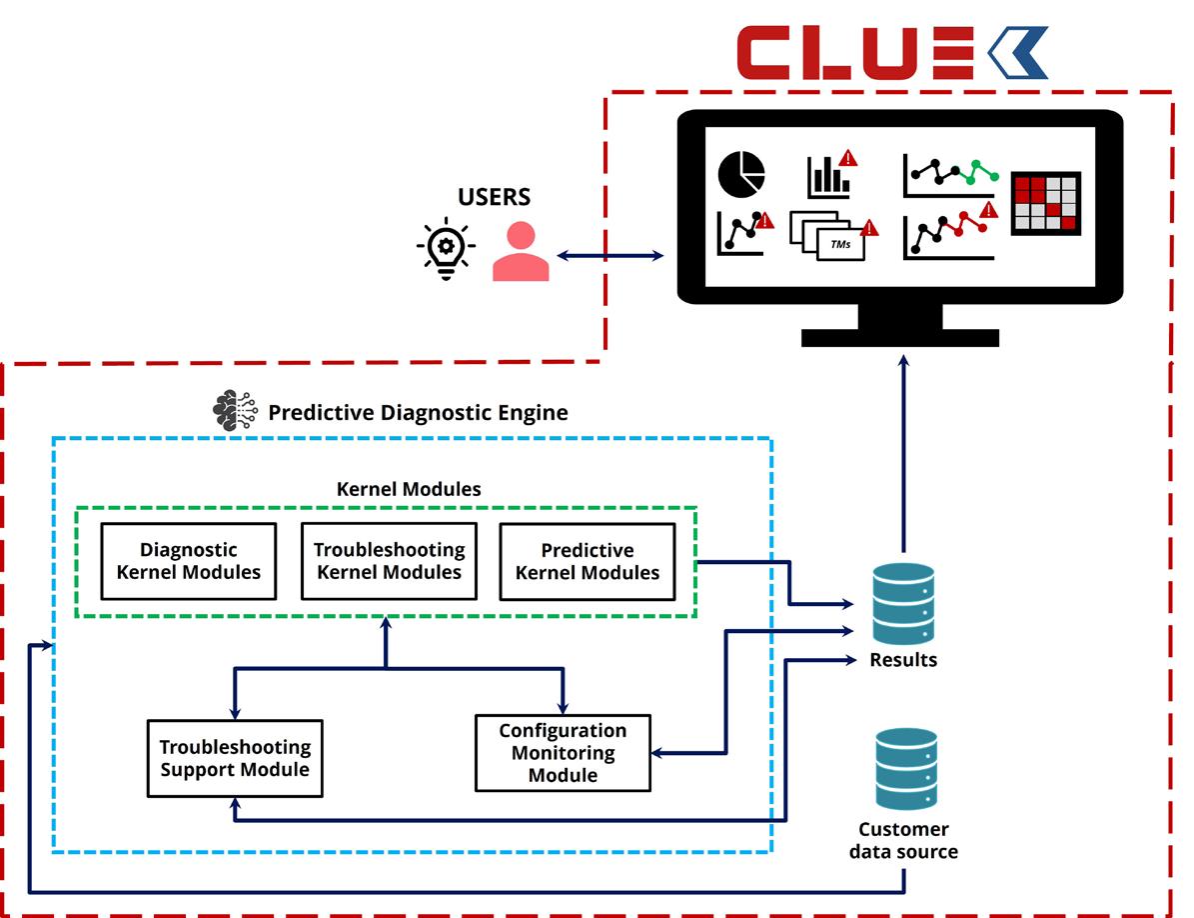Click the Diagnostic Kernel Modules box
[189, 561]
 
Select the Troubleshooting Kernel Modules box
[388, 561]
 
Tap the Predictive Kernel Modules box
[587, 562]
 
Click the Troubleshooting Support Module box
[235, 758]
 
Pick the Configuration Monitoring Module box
[563, 753]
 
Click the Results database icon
[903, 603]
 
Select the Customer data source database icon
[906, 768]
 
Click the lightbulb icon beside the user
[446, 247]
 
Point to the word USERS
[495, 196]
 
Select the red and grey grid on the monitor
[1045, 203]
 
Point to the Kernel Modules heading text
[408, 489]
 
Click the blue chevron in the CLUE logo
[1017, 52]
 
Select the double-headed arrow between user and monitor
[610, 256]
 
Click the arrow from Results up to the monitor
[903, 450]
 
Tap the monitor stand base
[900, 337]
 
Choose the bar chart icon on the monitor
[828, 177]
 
